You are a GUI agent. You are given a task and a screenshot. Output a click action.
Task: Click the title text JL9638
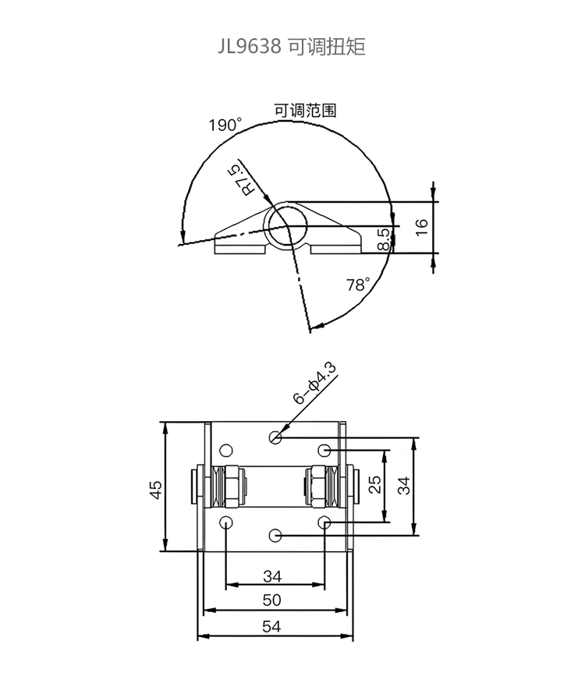250,46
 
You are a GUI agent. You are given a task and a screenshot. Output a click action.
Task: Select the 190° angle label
225,125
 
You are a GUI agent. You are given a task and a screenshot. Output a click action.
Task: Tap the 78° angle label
358,285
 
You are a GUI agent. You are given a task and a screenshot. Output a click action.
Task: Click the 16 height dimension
421,228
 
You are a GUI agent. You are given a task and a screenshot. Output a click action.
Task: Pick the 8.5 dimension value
383,239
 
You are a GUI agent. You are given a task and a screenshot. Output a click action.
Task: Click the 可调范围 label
305,111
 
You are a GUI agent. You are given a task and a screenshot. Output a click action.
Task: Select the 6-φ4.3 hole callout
315,384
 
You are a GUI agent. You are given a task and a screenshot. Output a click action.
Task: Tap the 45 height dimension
156,489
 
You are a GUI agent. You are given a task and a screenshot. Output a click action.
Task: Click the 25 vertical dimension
375,484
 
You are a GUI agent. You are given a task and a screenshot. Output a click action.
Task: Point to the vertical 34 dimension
404,485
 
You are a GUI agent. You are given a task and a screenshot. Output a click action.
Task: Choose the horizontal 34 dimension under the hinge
272,576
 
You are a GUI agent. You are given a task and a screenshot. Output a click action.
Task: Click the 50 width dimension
272,600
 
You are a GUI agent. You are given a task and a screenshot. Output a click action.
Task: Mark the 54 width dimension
271,626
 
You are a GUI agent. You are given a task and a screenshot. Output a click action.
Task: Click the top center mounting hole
275,437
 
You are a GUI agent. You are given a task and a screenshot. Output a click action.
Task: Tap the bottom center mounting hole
275,536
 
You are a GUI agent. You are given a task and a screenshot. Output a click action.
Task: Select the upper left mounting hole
225,450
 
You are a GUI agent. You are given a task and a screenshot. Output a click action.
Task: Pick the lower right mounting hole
324,522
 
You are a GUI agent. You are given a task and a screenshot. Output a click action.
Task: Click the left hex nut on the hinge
231,486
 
